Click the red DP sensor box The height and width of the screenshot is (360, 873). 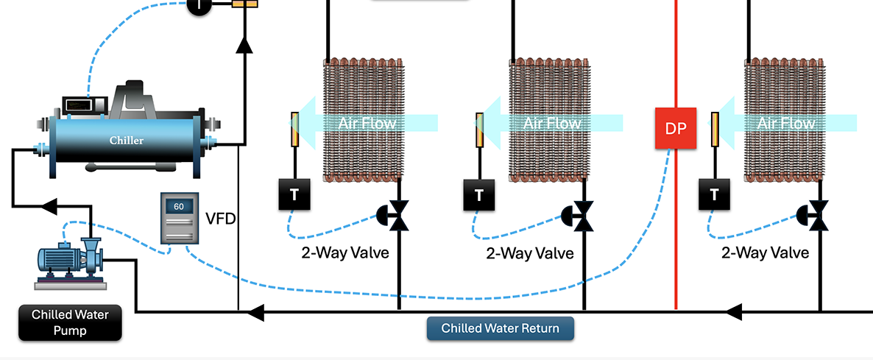(x=675, y=127)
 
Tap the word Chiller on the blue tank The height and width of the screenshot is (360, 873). (x=127, y=140)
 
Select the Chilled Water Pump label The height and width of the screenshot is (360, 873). (x=70, y=322)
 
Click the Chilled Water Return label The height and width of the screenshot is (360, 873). (x=500, y=328)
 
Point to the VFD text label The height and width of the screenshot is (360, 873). (x=220, y=218)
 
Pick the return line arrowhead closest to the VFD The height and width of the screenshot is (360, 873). (x=255, y=312)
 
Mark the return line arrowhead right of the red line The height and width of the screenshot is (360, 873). (x=733, y=312)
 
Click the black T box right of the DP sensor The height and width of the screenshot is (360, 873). (x=713, y=194)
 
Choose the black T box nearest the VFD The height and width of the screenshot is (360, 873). (x=294, y=194)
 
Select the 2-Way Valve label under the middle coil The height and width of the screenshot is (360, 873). (x=529, y=253)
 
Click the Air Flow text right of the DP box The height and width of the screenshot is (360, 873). (x=786, y=123)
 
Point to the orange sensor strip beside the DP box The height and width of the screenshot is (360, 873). (x=715, y=128)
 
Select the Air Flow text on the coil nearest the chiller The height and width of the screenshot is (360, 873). (x=367, y=123)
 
